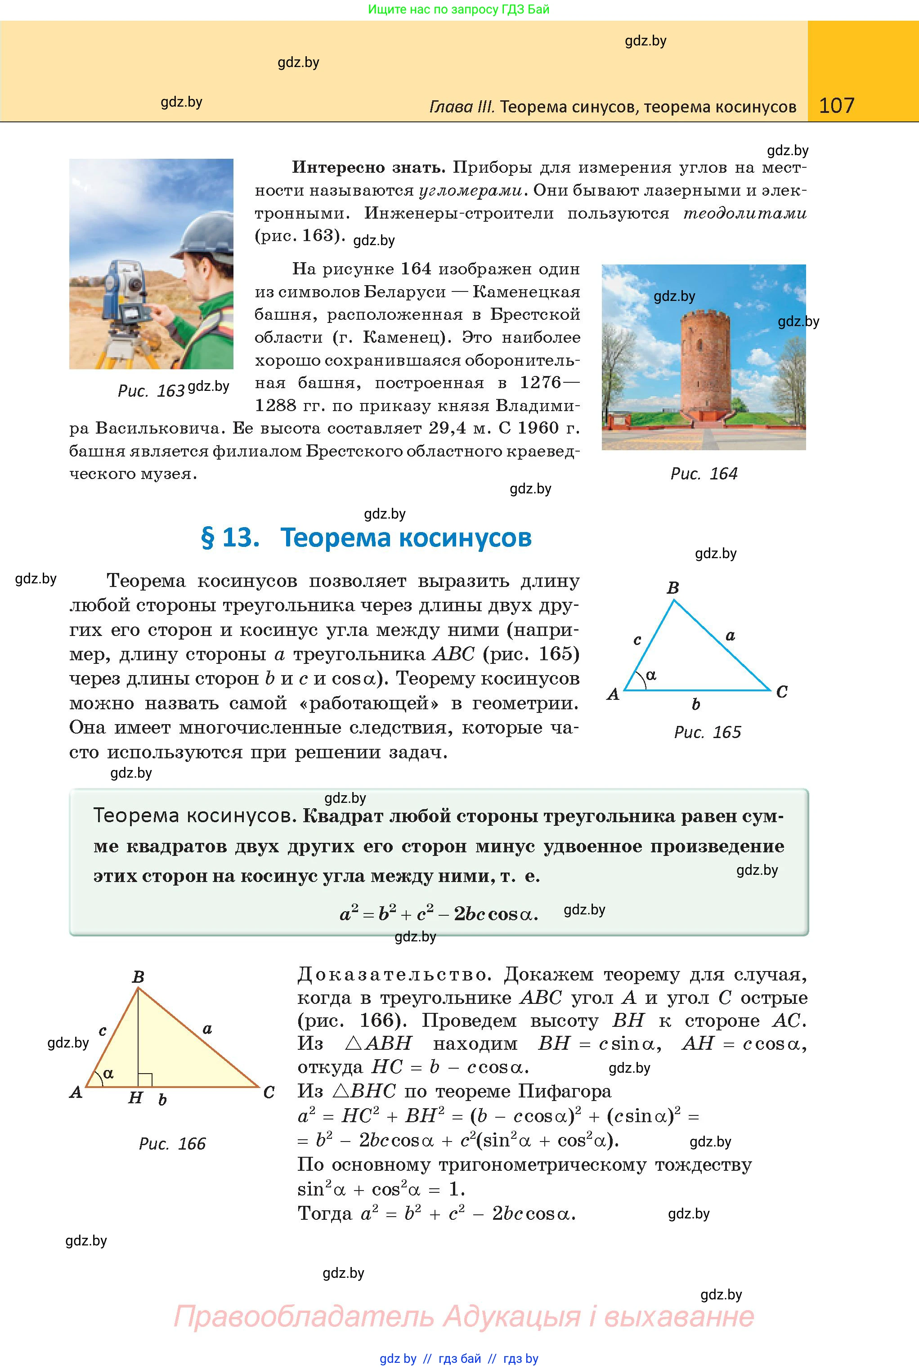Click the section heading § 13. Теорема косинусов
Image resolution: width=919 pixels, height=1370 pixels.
click(366, 537)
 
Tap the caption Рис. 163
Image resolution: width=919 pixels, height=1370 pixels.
click(151, 390)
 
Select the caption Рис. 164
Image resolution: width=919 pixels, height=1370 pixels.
click(704, 474)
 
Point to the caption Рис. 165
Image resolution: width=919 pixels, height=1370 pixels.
click(708, 732)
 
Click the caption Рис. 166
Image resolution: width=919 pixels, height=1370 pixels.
click(172, 1143)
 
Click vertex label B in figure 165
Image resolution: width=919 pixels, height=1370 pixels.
click(673, 588)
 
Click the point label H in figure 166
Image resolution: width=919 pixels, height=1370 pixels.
click(135, 1097)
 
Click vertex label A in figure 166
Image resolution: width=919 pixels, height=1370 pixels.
click(76, 1092)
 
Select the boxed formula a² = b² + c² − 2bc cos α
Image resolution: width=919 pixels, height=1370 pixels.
click(439, 913)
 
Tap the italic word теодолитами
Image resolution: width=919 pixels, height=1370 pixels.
click(745, 213)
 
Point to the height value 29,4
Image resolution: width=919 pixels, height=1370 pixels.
click(447, 428)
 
